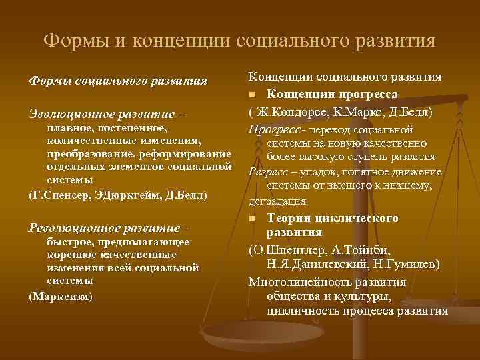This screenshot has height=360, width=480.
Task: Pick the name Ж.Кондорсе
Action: [x=291, y=112]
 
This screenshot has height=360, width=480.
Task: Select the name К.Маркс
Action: [x=355, y=112]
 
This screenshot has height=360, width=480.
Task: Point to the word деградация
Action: [x=277, y=201]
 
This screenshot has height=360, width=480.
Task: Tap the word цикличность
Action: [x=300, y=311]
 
